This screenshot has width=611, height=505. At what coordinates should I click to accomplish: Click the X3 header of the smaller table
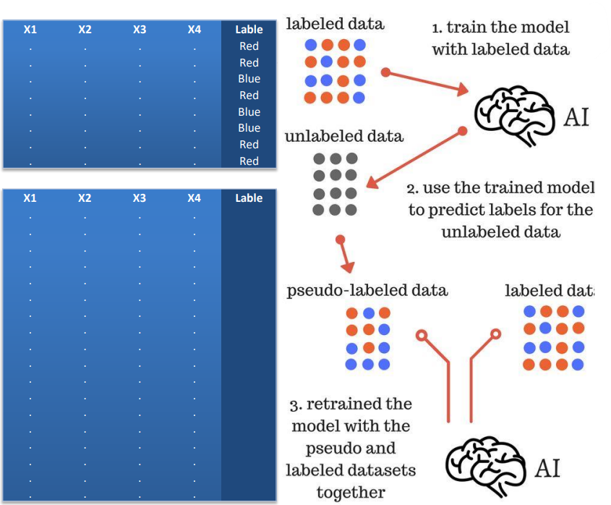(x=140, y=30)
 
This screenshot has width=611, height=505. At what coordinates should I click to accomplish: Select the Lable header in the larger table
(x=249, y=198)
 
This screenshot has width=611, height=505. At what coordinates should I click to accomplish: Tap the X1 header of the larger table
(x=30, y=198)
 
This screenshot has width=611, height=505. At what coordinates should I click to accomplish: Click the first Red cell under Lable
(x=249, y=46)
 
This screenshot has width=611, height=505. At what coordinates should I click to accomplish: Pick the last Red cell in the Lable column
(x=249, y=161)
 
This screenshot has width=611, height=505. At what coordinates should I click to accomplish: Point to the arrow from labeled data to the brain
(x=427, y=82)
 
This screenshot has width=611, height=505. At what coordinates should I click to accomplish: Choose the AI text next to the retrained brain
(x=547, y=468)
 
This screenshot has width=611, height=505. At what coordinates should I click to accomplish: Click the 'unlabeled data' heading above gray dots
(x=343, y=137)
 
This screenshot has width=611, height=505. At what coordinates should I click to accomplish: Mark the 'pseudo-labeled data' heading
(x=367, y=291)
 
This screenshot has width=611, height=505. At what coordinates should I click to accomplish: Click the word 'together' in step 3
(x=351, y=493)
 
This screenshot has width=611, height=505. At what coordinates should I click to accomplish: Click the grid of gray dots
(x=335, y=184)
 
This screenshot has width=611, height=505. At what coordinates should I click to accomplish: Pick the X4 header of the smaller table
(x=194, y=30)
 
